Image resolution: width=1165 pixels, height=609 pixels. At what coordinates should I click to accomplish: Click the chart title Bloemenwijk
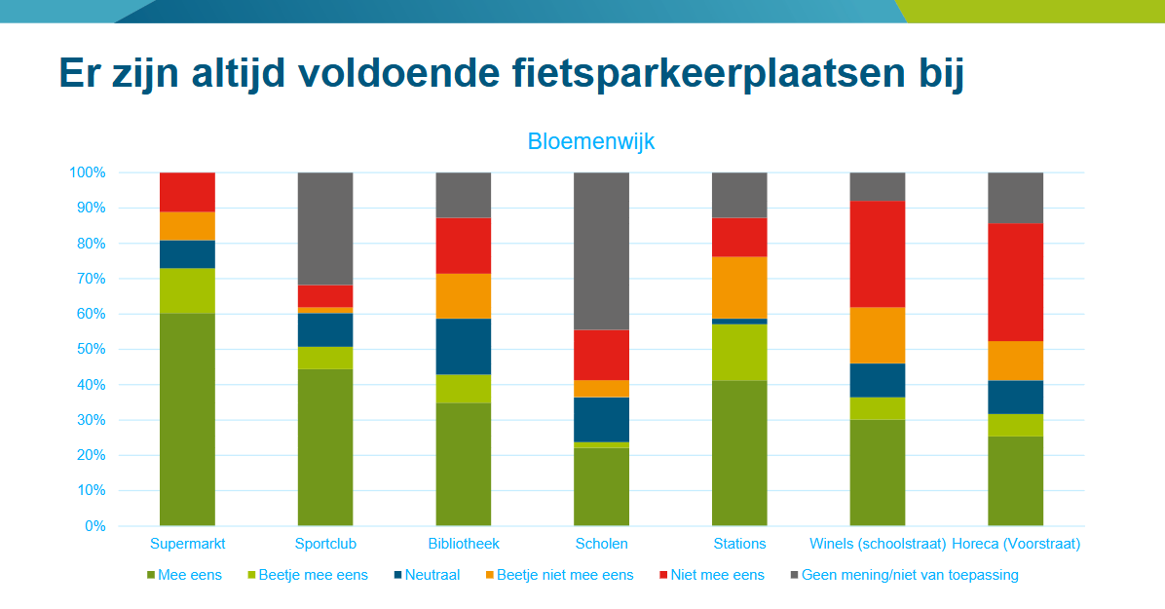(x=591, y=141)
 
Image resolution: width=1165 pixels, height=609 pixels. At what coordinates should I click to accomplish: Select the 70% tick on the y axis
(x=88, y=279)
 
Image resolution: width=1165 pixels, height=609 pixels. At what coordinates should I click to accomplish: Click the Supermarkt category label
(x=187, y=544)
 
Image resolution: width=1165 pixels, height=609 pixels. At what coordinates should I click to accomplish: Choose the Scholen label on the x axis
(x=601, y=544)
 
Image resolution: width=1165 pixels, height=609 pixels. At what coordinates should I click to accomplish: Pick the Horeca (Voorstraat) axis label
(x=1016, y=544)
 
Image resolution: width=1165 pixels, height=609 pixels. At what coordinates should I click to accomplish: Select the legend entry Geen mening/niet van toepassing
(x=910, y=575)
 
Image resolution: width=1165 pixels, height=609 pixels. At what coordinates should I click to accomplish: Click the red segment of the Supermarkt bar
(x=187, y=192)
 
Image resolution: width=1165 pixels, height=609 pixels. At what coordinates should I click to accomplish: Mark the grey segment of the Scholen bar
(x=601, y=250)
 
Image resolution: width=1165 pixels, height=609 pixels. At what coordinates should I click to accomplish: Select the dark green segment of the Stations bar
(x=739, y=453)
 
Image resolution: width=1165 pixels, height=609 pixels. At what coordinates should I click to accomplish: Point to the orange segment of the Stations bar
(x=739, y=287)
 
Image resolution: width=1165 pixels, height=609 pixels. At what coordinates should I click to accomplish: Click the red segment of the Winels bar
(x=878, y=253)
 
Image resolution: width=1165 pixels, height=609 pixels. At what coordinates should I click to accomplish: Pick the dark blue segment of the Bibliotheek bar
(x=463, y=346)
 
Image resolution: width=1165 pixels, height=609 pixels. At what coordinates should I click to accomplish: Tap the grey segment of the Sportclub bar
(x=325, y=228)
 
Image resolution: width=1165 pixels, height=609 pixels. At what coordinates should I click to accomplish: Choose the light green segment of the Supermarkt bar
(x=187, y=290)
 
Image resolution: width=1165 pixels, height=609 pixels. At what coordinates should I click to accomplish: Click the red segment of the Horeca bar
(x=1016, y=282)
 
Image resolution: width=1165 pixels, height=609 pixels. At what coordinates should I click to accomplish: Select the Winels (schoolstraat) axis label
(x=878, y=544)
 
